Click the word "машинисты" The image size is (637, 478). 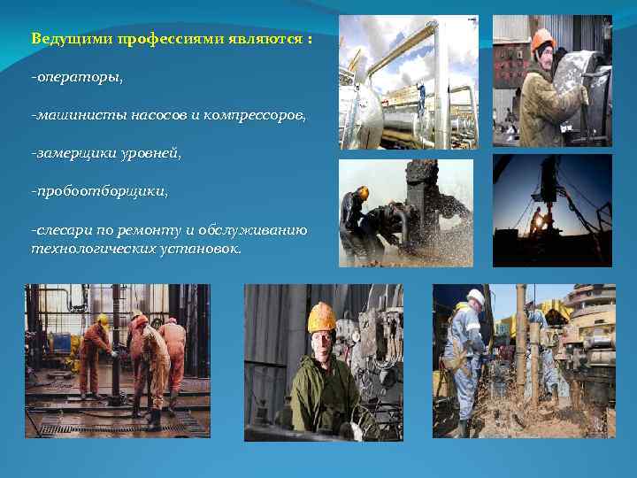click(x=73, y=116)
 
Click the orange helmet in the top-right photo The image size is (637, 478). click(x=542, y=38)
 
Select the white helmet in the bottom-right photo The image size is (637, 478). click(x=476, y=297)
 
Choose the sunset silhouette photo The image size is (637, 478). click(x=552, y=210)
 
